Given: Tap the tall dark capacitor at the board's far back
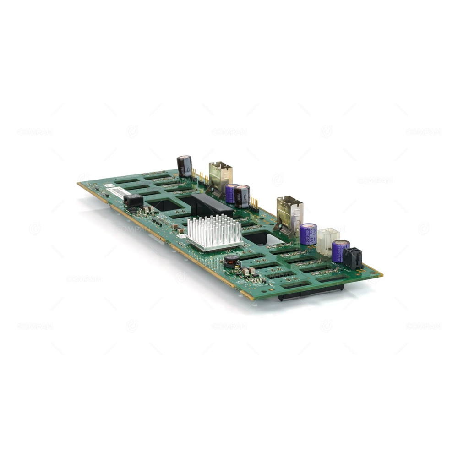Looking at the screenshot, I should pos(185,166).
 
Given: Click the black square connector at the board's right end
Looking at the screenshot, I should pos(353,258).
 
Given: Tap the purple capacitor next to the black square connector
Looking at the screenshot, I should pos(340,251).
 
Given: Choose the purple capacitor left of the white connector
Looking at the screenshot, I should pos(308,234).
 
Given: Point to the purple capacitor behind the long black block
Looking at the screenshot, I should pos(231,193).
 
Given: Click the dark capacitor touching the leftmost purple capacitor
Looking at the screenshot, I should pos(242,196).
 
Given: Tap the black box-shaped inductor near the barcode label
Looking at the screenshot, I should pos(133,200).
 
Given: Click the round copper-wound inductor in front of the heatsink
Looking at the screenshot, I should pos(232,262).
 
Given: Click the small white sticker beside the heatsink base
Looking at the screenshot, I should pos(182,236).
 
